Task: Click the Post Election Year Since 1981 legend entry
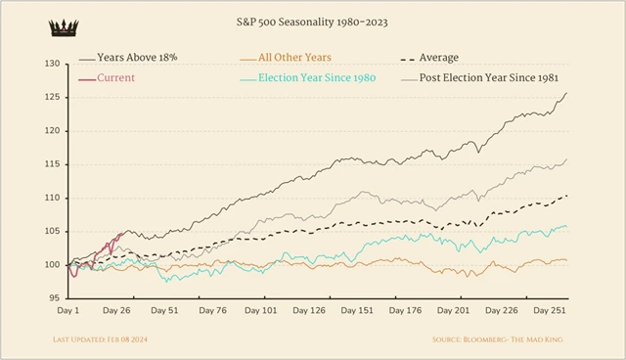(496, 77)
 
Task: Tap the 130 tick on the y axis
(52, 64)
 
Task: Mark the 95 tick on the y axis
(54, 298)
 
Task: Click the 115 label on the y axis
(52, 164)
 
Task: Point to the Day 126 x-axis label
(310, 311)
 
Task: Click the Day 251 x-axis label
(547, 311)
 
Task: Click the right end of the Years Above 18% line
(566, 93)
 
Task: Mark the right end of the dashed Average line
(566, 196)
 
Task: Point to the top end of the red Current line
(120, 233)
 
